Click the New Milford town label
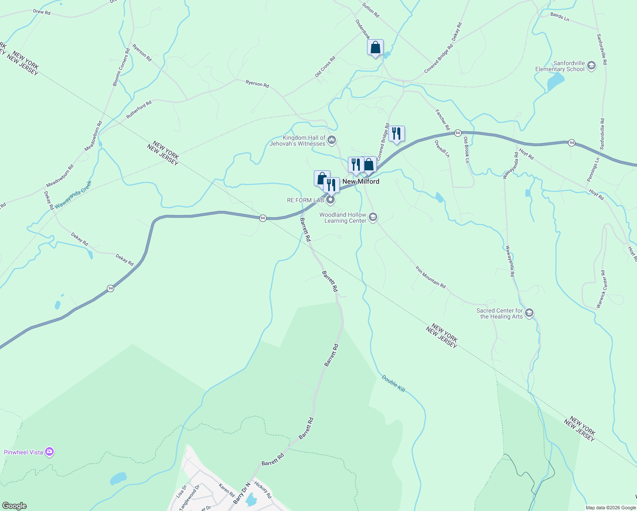[361, 181]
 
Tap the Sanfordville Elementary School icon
[591, 66]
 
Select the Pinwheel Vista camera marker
[50, 452]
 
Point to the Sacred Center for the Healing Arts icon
[529, 313]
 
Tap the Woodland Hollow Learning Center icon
[373, 218]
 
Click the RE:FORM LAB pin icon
[331, 200]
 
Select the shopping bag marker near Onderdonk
[375, 48]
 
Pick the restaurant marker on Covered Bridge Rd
[396, 134]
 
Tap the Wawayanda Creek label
[73, 194]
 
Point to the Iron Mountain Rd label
[430, 277]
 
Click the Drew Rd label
[42, 12]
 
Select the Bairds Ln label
[560, 17]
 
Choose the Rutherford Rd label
[139, 110]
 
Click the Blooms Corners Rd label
[121, 67]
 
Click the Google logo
[14, 506]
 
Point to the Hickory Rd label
[263, 490]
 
